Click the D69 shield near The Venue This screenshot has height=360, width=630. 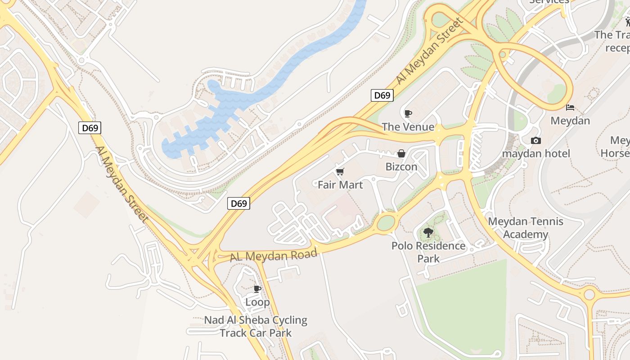pyautogui.click(x=382, y=95)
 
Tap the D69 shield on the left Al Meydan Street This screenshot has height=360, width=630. pyautogui.click(x=90, y=128)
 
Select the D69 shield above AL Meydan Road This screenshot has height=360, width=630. pyautogui.click(x=238, y=203)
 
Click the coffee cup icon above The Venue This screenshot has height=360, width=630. pyautogui.click(x=408, y=113)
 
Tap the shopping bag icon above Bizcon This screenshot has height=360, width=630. pyautogui.click(x=401, y=153)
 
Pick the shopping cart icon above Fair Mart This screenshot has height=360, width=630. pyautogui.click(x=340, y=171)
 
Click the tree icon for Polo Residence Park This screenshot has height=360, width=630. pyautogui.click(x=428, y=233)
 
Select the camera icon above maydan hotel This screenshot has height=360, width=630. pyautogui.click(x=535, y=140)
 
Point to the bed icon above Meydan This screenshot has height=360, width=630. pyautogui.click(x=570, y=108)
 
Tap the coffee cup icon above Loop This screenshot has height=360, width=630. pyautogui.click(x=257, y=289)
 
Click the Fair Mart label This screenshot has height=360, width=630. pyautogui.click(x=340, y=184)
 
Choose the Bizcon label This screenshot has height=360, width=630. pyautogui.click(x=401, y=167)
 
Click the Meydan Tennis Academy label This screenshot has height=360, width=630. pyautogui.click(x=526, y=228)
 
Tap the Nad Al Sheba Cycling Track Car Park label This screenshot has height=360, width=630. pyautogui.click(x=256, y=327)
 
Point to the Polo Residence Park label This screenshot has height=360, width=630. pyautogui.click(x=428, y=252)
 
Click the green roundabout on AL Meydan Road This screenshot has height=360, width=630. pyautogui.click(x=386, y=223)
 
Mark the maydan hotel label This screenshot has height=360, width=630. pyautogui.click(x=536, y=153)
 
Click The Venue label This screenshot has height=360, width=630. pyautogui.click(x=408, y=127)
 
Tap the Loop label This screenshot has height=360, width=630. pyautogui.click(x=257, y=302)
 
